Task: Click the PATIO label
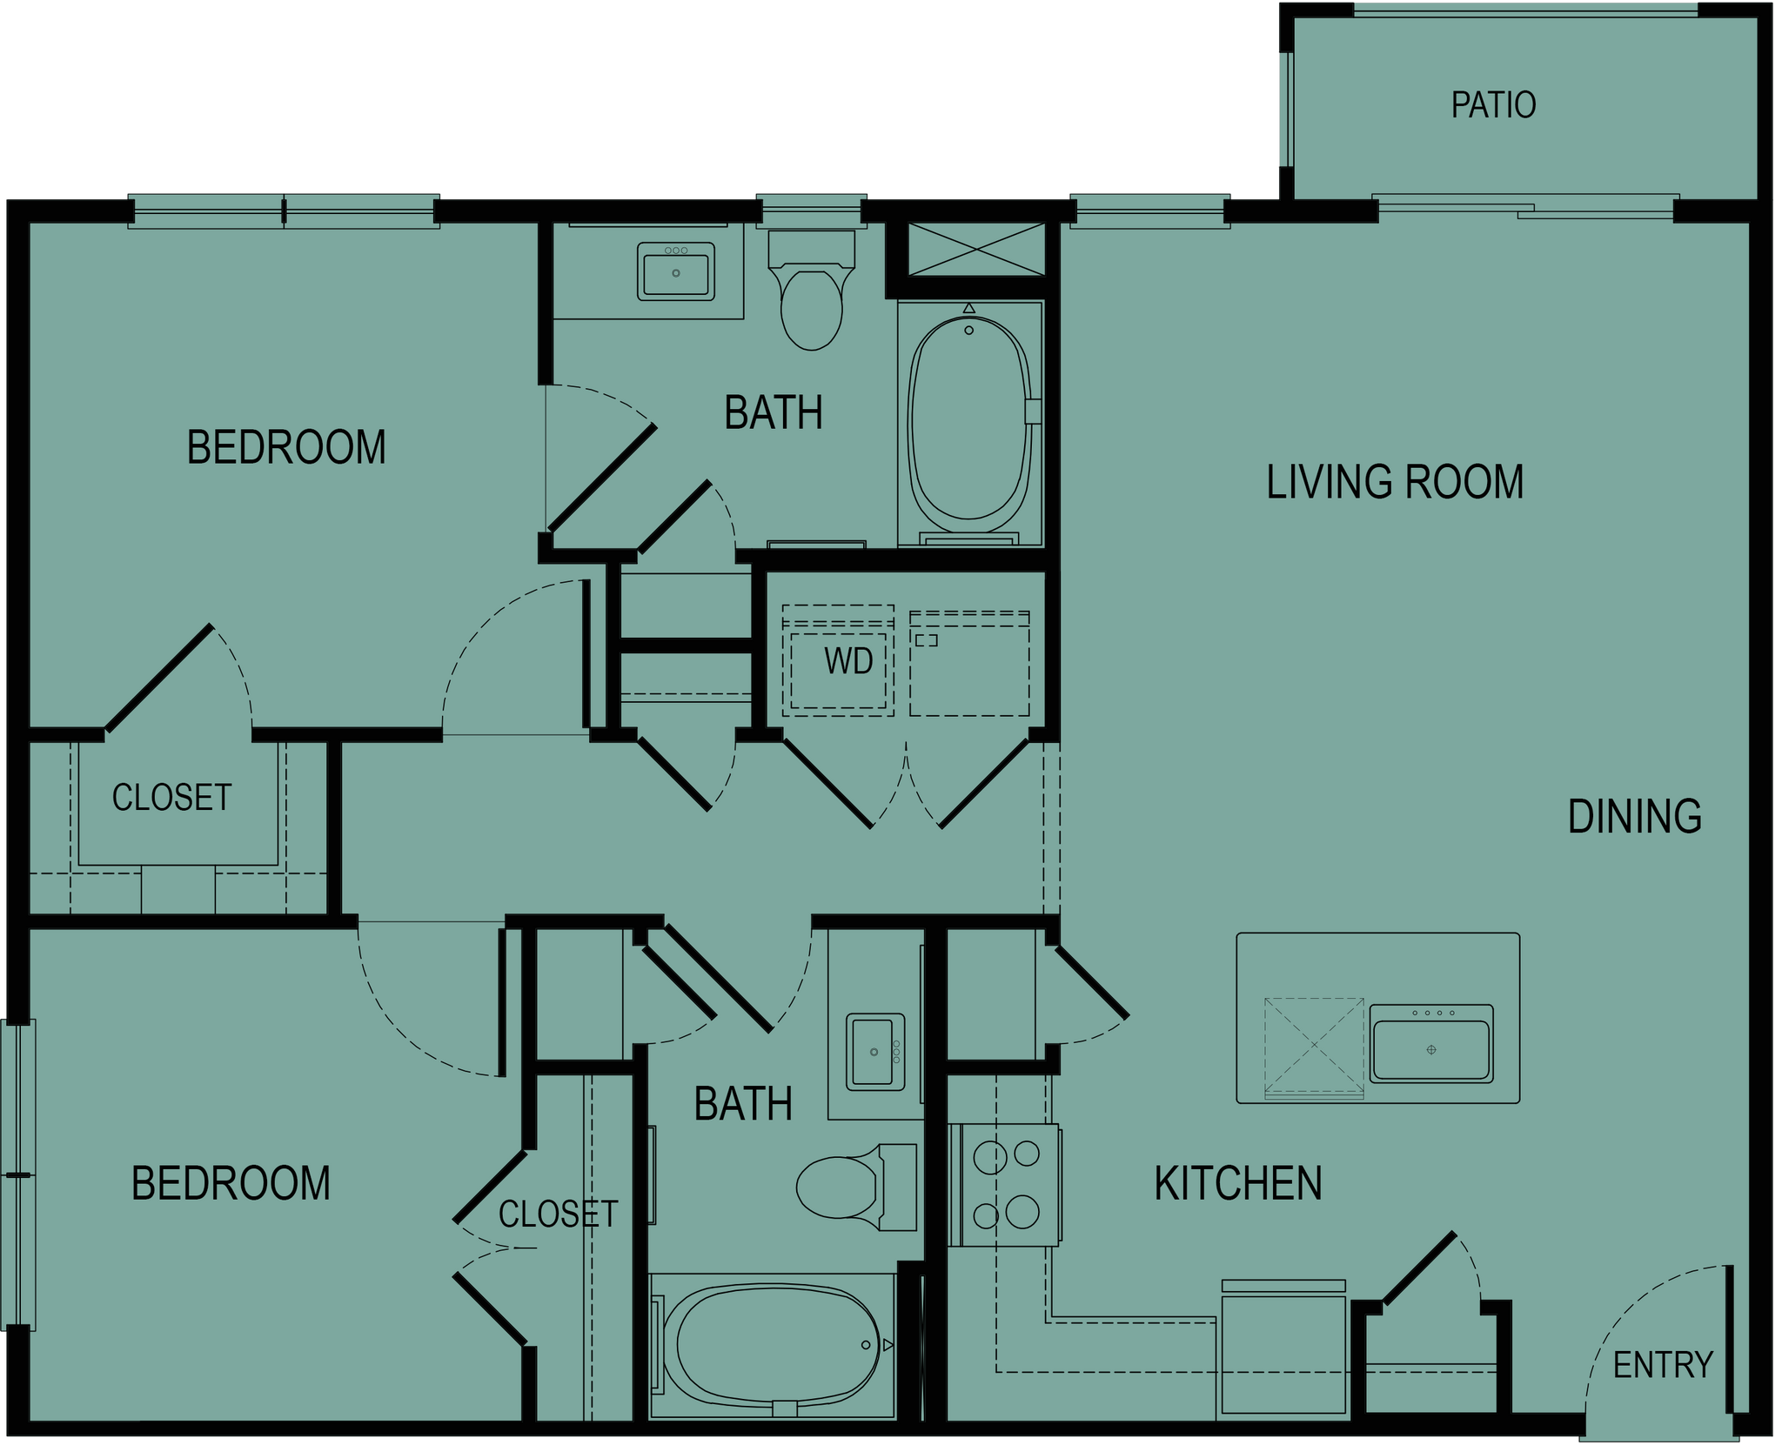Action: tap(1493, 105)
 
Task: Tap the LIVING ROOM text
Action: tap(1395, 483)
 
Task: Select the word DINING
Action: tap(1634, 817)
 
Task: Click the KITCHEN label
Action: tap(1238, 1184)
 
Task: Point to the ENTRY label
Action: tap(1663, 1366)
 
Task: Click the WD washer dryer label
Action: tap(848, 662)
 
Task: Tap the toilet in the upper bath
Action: tap(812, 291)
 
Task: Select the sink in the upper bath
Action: tap(676, 271)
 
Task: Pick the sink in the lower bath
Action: tap(875, 1051)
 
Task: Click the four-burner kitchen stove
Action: tap(1005, 1184)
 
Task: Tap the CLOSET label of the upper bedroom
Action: tap(171, 798)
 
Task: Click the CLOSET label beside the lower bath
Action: tap(558, 1214)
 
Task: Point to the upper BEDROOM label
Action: tap(286, 447)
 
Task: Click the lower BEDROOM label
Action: tap(231, 1184)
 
